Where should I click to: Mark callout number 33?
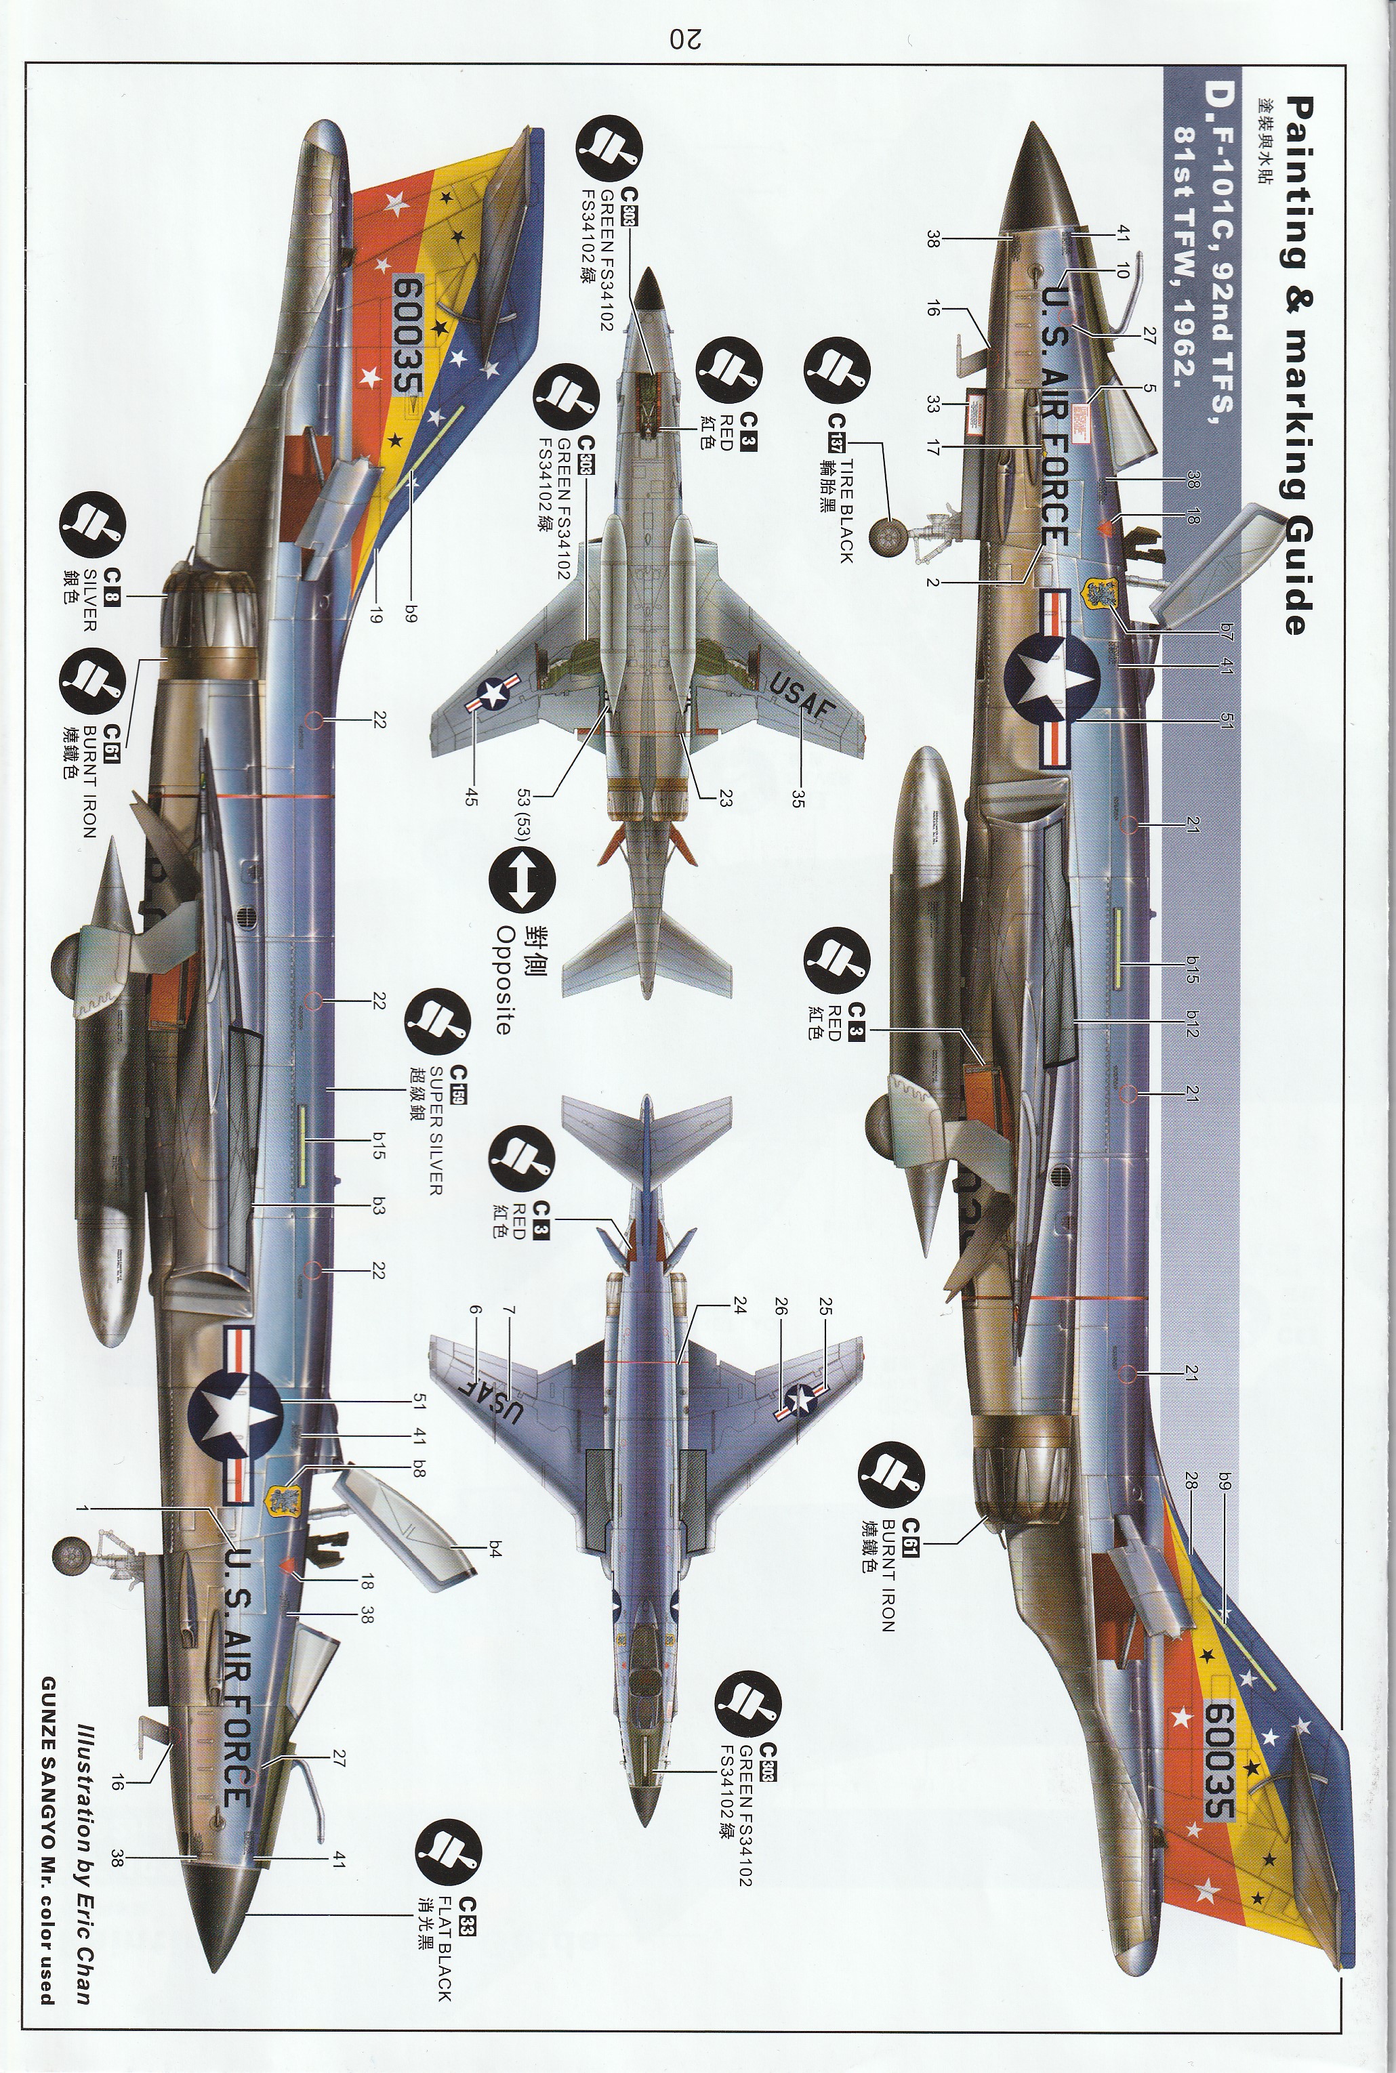(x=932, y=405)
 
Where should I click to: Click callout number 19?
(x=375, y=614)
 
